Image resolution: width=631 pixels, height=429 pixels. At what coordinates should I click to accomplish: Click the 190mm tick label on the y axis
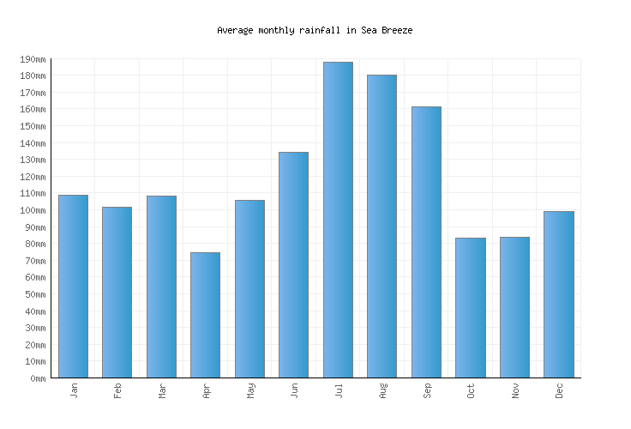[x=33, y=59]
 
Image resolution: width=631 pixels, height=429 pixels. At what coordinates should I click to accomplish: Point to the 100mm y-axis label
[x=33, y=210]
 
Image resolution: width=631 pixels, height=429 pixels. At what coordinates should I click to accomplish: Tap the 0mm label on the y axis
[x=39, y=378]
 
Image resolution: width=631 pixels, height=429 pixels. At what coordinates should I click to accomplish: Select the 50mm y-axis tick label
[x=36, y=294]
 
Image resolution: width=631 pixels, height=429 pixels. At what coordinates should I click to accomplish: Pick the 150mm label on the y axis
[x=33, y=126]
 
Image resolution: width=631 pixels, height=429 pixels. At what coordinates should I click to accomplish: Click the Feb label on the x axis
[x=118, y=390]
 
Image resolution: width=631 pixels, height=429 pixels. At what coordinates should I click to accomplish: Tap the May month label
[x=251, y=390]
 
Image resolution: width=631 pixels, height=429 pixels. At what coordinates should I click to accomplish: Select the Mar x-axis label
[x=162, y=390]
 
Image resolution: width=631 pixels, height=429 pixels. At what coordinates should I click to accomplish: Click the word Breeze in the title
[x=398, y=30]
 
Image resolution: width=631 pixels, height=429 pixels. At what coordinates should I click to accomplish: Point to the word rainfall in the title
[x=319, y=30]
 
